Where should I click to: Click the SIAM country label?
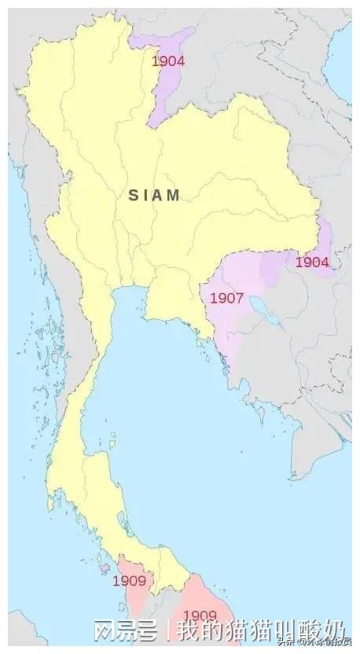tap(155, 195)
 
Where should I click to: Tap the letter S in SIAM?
tap(134, 195)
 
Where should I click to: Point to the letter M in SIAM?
tap(174, 195)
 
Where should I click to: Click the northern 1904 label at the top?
tap(168, 61)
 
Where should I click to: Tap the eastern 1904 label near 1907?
tap(312, 263)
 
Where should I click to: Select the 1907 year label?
tap(226, 299)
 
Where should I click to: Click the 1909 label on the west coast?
tap(129, 581)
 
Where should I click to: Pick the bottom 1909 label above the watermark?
tap(200, 614)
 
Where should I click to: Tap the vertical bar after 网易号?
tap(168, 631)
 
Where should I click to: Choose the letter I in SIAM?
tap(147, 195)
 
